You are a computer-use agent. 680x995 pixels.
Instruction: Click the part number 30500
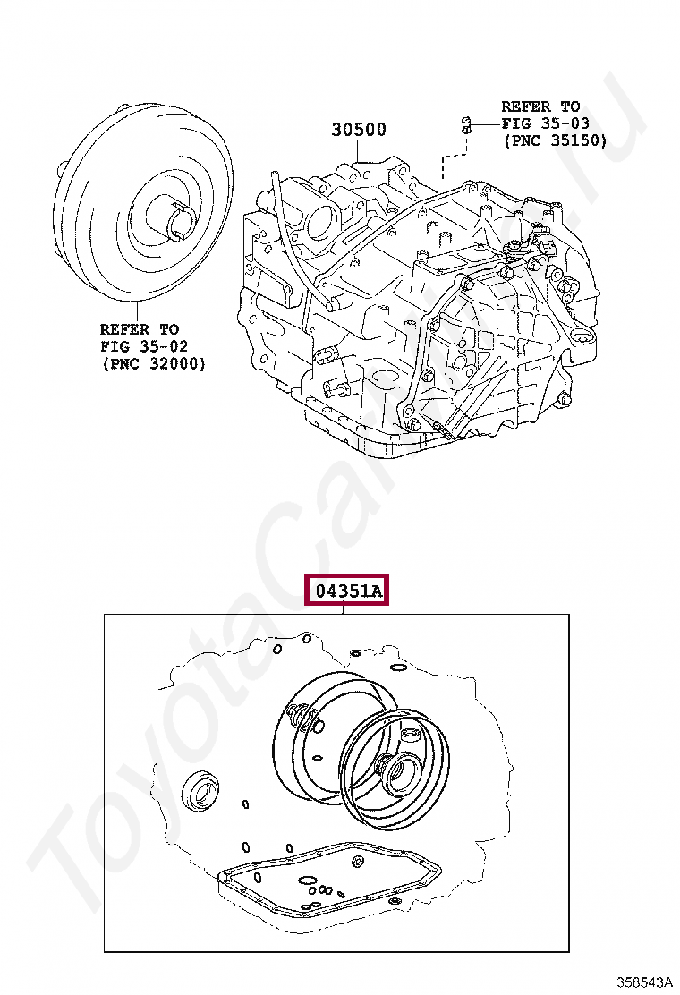(x=359, y=130)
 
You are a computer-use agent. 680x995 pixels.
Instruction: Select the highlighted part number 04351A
(x=346, y=591)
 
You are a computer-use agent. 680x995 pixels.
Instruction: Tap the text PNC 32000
(x=153, y=363)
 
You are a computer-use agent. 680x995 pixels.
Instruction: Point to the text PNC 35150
(x=556, y=140)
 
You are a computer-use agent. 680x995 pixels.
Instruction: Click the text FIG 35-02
(x=145, y=346)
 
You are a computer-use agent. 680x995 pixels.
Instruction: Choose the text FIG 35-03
(x=546, y=123)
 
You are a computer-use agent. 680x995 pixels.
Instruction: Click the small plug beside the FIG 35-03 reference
(x=467, y=124)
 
